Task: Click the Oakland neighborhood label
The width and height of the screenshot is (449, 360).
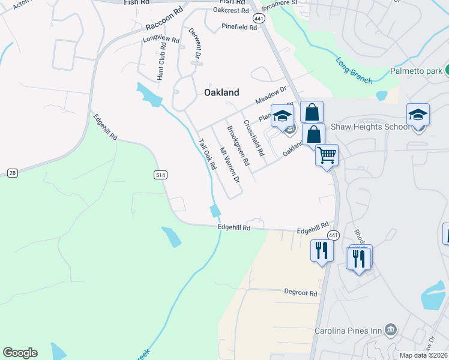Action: click(x=221, y=92)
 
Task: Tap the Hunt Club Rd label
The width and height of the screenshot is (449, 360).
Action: click(x=161, y=65)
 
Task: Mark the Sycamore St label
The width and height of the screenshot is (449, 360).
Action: click(x=282, y=3)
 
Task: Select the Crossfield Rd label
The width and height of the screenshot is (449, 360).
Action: click(x=254, y=138)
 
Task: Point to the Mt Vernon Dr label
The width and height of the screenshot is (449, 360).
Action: click(x=229, y=165)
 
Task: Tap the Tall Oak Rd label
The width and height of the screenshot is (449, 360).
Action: click(x=206, y=154)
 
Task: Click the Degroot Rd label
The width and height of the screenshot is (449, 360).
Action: click(x=301, y=293)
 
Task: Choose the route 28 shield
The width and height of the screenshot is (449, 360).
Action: click(x=13, y=173)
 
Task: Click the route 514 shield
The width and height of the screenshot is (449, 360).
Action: click(x=160, y=175)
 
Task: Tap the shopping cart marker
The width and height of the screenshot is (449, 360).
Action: click(x=327, y=155)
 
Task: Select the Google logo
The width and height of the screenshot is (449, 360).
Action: click(x=20, y=353)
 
